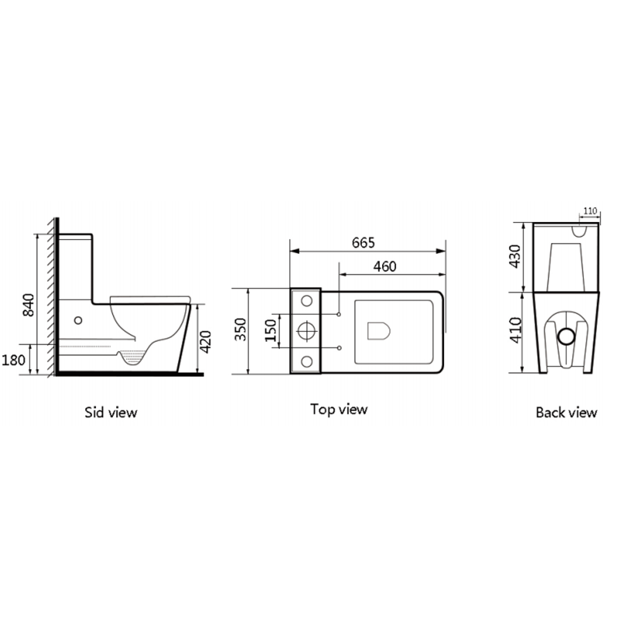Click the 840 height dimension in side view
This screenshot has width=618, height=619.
29,305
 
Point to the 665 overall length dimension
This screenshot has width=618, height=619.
363,242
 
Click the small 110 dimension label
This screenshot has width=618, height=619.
590,210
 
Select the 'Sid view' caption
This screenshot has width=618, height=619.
111,412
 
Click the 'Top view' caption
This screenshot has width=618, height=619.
339,409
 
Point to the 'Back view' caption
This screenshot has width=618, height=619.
566,412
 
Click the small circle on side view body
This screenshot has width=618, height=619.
78,319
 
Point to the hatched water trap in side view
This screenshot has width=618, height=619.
134,358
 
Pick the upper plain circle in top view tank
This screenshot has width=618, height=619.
306,300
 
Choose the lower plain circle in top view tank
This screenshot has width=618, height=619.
306,361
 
